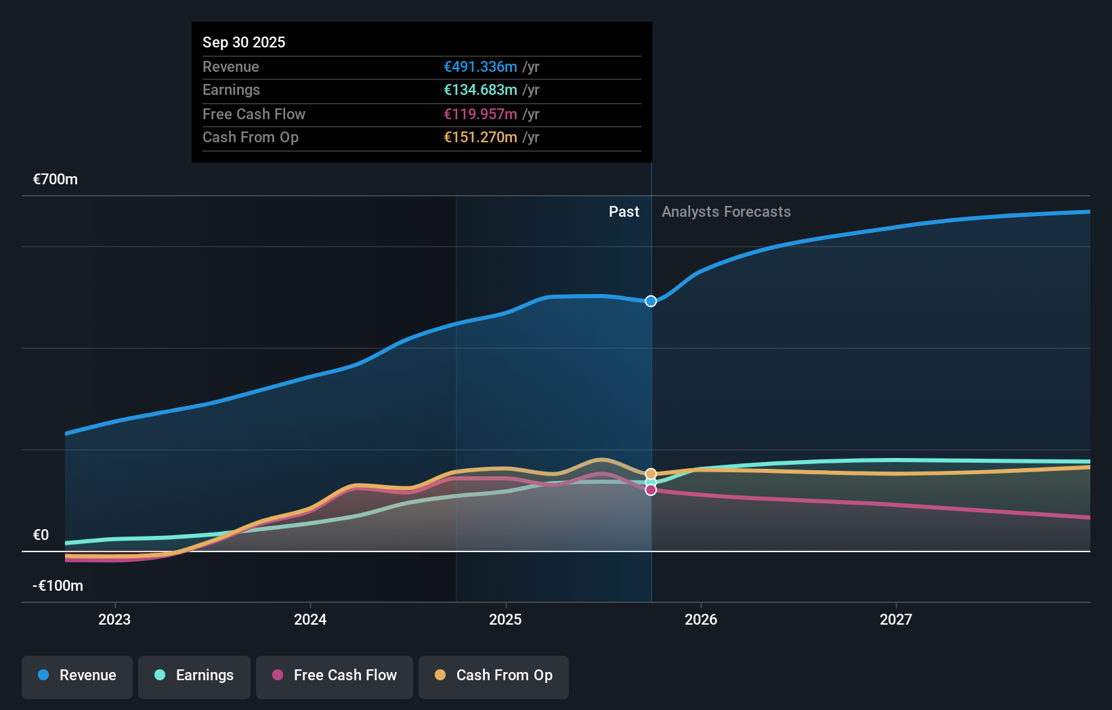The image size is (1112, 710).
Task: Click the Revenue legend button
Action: tap(77, 675)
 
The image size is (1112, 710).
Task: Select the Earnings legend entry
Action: tap(194, 675)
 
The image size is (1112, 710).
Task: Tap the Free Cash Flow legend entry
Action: tap(335, 675)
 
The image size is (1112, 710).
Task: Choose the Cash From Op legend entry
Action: tap(494, 675)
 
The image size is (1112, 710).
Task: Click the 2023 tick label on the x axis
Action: tap(114, 619)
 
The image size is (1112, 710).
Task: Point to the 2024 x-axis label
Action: tap(310, 619)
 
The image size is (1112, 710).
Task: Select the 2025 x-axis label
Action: tap(505, 619)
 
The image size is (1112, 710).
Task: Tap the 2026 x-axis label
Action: tap(701, 619)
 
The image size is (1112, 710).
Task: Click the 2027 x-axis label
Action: tap(896, 619)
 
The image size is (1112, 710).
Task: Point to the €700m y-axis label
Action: tap(56, 180)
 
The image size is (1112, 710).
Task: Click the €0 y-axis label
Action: tap(41, 535)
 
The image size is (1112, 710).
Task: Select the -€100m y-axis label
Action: tap(58, 586)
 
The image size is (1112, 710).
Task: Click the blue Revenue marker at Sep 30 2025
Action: tap(651, 301)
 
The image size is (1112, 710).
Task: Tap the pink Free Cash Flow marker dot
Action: tap(651, 490)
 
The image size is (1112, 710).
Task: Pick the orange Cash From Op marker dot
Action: tap(651, 474)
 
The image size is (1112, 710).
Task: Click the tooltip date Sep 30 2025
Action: tap(244, 42)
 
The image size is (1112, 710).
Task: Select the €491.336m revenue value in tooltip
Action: tap(480, 67)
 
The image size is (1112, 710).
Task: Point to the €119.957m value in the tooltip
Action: tap(480, 114)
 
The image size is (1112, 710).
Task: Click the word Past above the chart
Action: tap(624, 212)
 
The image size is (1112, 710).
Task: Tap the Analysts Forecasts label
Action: tap(726, 212)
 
